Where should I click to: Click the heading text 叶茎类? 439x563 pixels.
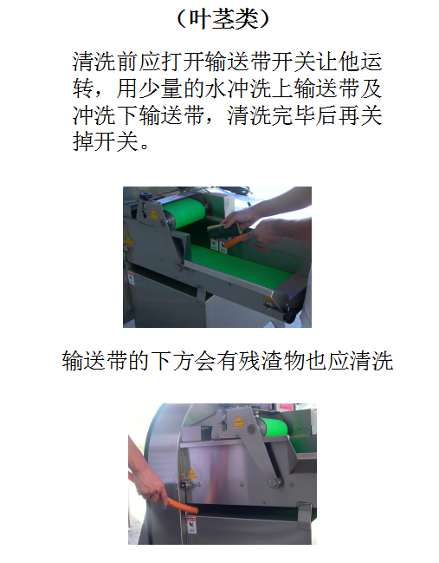point(223,19)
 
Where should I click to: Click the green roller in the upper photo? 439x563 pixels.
point(183,213)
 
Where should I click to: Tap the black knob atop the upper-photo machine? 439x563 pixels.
point(145,196)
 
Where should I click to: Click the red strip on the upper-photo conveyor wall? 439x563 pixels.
point(258,247)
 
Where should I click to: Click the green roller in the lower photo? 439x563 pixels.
point(273,426)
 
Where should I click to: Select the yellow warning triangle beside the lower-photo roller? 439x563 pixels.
point(238,422)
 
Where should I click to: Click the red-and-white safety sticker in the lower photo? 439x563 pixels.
point(191,525)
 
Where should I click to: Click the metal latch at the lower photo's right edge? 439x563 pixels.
point(304,514)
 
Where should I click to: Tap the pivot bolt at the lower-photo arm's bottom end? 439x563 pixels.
point(274,481)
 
